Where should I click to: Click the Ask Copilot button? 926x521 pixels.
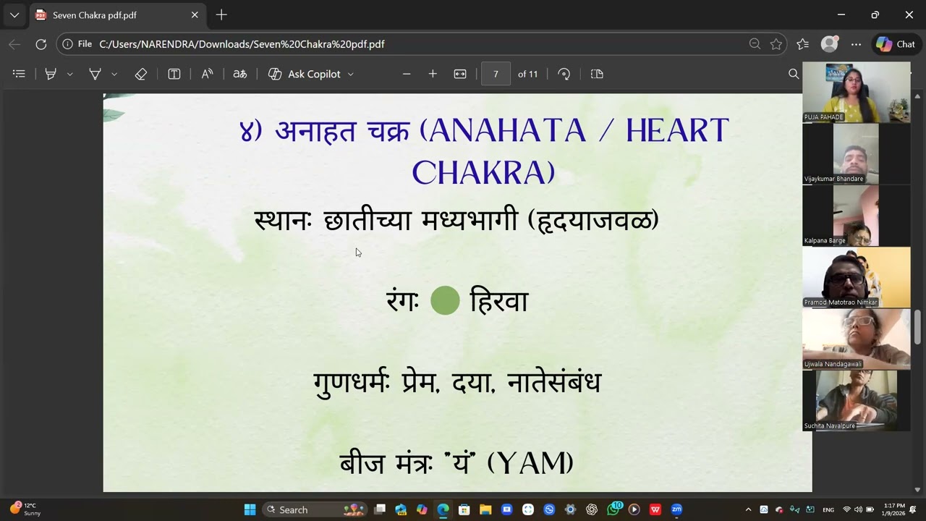coord(311,74)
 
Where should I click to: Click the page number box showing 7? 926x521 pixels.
coord(496,74)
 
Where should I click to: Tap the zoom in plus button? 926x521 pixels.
coord(433,74)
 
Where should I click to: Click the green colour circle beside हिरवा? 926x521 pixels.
coord(445,300)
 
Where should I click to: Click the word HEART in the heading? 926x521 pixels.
coord(676,131)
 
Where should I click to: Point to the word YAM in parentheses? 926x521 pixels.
coord(530,463)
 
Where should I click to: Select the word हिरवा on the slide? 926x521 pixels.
coord(499,300)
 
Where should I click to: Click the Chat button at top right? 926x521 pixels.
coord(896,44)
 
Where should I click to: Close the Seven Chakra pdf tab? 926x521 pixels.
coord(195,14)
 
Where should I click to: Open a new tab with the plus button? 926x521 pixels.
coord(221,14)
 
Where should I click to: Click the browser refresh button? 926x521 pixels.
coord(41,44)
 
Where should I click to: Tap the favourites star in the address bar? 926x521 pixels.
coord(776,44)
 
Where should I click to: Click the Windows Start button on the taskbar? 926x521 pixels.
coord(250,509)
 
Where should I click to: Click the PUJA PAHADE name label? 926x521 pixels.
coord(824,117)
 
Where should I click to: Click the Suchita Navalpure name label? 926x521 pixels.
coord(830,426)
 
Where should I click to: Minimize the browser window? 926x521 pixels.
coord(841,14)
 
